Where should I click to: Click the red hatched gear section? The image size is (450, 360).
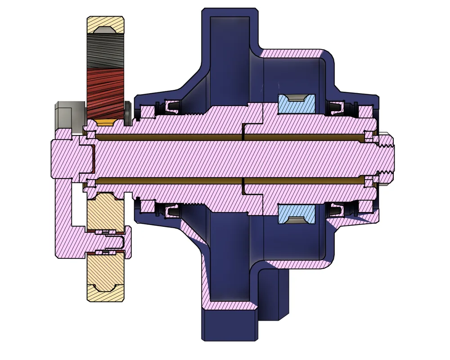pos(105,92)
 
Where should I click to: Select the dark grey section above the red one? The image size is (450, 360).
pos(105,52)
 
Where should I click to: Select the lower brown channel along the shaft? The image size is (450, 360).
pos(225,180)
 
